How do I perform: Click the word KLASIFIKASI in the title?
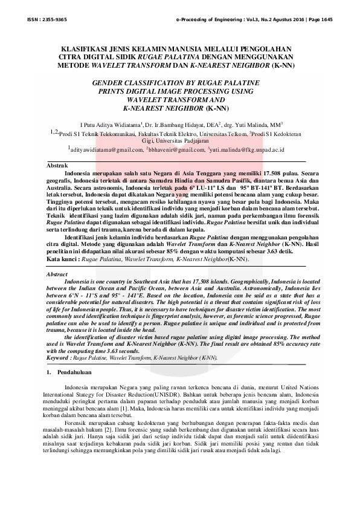point(83,47)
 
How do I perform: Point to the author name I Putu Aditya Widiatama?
point(106,122)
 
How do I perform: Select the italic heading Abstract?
point(57,275)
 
